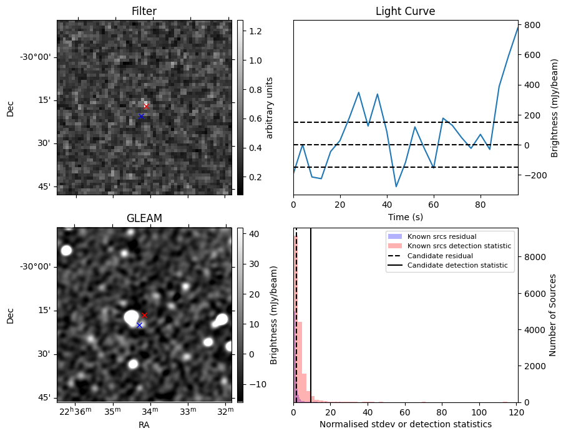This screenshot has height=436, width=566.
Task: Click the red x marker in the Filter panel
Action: coord(146,107)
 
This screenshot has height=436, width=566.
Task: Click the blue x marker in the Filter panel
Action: coord(141,116)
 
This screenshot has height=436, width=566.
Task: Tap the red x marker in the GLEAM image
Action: coord(144,315)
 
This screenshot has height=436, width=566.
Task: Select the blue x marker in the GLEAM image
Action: coord(139,325)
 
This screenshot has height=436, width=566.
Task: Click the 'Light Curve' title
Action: coord(405,12)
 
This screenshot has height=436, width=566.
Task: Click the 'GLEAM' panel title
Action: coord(144,218)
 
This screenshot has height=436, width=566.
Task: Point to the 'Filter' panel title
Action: coord(144,12)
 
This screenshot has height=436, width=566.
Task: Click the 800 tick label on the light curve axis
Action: coord(532,25)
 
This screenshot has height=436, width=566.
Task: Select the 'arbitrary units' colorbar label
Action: coord(270,107)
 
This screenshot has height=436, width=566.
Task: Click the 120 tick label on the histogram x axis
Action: coord(516,412)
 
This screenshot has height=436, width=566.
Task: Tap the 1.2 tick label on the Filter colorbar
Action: coord(255,31)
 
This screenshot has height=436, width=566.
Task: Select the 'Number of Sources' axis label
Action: coord(553,315)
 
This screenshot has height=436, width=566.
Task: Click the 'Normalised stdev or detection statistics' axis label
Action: coord(405,424)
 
